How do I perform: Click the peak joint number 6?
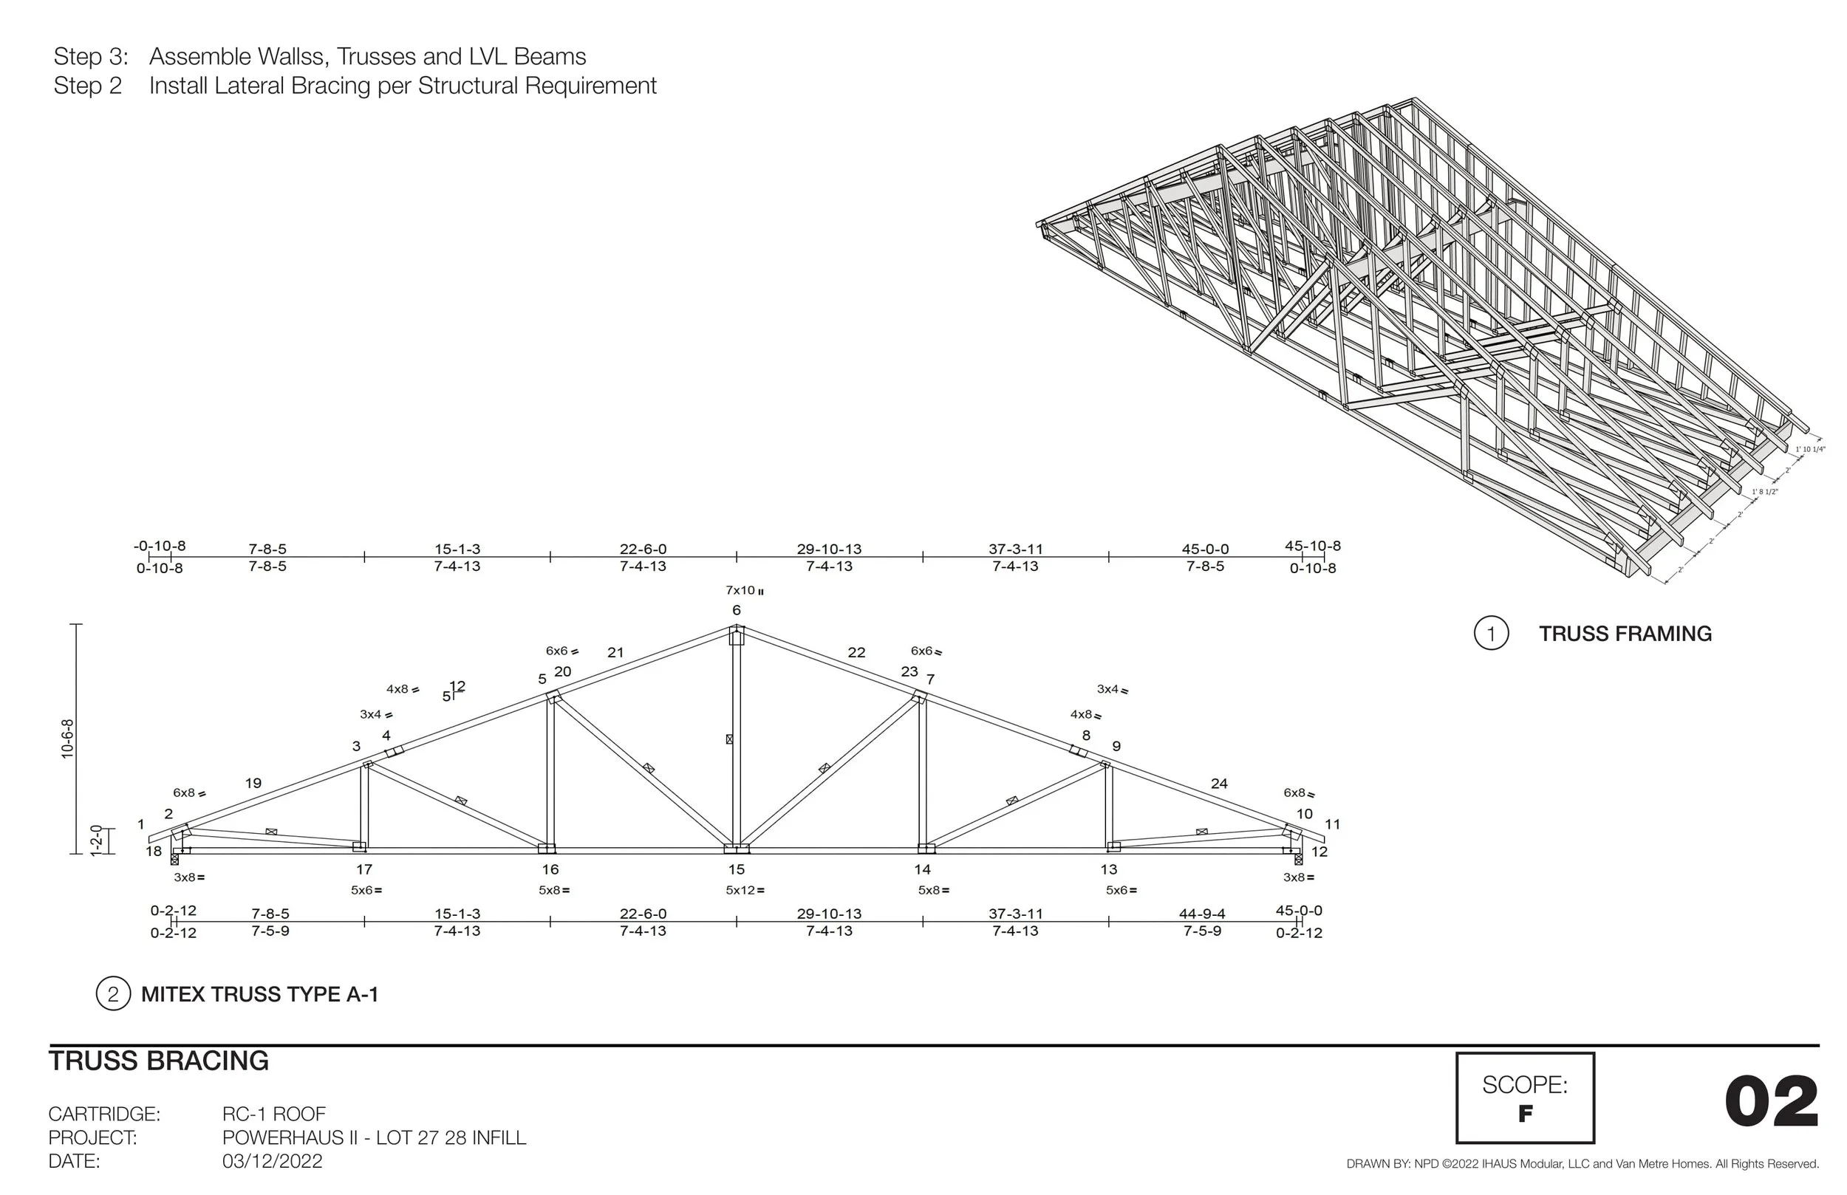[x=736, y=611]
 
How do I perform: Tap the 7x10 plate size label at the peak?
[x=742, y=591]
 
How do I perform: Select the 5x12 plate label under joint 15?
[x=743, y=890]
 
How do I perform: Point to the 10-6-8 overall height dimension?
[x=67, y=738]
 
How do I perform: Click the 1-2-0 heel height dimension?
[x=96, y=840]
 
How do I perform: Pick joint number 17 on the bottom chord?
[x=364, y=869]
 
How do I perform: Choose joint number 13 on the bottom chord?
[x=1108, y=869]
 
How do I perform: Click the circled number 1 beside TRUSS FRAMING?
[x=1490, y=633]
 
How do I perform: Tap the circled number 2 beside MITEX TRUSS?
[x=113, y=994]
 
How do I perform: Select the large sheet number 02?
[x=1771, y=1103]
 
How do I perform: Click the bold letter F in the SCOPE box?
[x=1525, y=1114]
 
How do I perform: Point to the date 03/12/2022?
[x=272, y=1162]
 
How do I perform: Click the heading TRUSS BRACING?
[x=159, y=1061]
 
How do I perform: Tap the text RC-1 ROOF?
[x=274, y=1114]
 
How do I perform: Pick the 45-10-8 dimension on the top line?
[x=1312, y=546]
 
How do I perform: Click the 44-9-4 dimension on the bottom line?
[x=1202, y=914]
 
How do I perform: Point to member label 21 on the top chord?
[x=615, y=653]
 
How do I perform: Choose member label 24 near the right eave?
[x=1219, y=784]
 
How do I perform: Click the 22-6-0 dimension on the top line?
[x=643, y=549]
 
